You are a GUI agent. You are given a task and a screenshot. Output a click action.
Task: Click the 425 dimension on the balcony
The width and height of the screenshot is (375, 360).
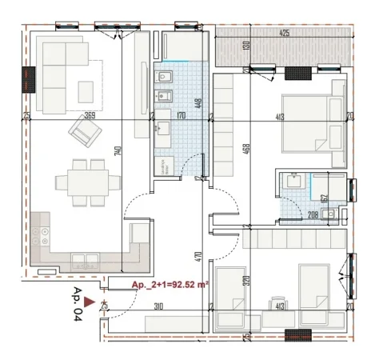284,34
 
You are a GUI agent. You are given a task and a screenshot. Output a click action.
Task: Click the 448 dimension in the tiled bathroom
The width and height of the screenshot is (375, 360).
195,103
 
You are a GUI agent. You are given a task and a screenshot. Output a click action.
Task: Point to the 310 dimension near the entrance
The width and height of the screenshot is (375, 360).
158,306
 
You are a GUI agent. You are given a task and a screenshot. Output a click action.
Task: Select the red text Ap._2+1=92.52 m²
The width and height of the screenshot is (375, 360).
170,285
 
